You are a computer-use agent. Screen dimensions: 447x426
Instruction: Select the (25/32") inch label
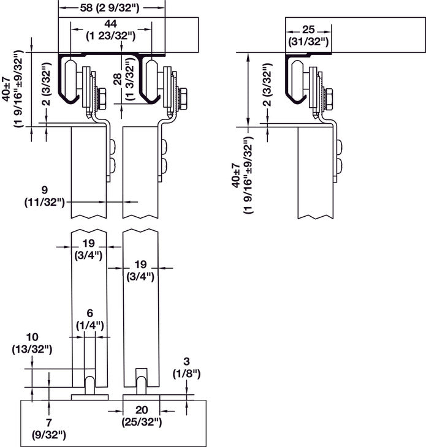(x=142, y=421)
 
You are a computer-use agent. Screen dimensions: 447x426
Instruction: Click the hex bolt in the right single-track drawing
(x=329, y=97)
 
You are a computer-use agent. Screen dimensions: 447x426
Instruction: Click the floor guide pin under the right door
(x=141, y=384)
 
